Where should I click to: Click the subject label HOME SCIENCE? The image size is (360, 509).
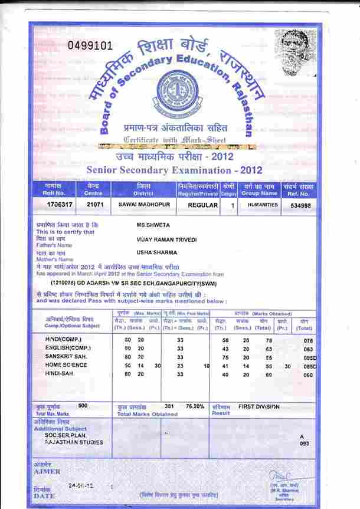[66, 365]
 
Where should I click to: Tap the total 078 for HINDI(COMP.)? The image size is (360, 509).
[307, 340]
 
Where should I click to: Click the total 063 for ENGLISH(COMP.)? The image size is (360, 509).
[307, 349]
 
